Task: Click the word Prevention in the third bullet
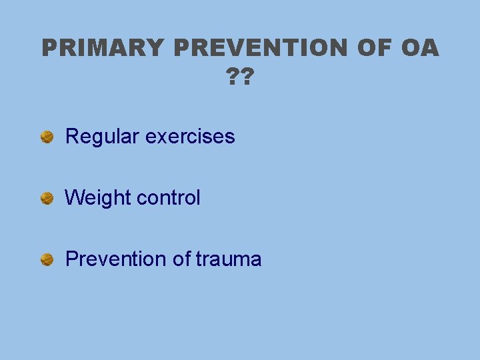116,259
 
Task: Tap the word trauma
229,259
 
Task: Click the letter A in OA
430,49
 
